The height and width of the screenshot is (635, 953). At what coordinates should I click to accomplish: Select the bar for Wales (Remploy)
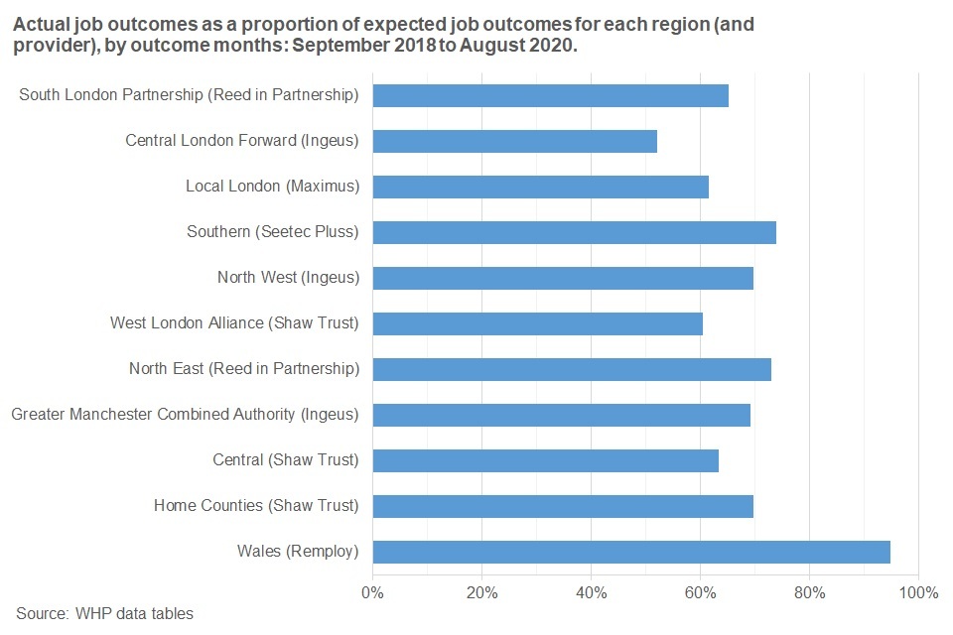pos(631,552)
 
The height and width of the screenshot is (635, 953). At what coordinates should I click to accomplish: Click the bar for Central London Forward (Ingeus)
pos(514,141)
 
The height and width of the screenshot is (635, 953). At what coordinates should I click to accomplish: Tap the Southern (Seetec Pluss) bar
pos(574,232)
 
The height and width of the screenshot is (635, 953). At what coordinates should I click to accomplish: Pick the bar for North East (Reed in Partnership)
pos(572,369)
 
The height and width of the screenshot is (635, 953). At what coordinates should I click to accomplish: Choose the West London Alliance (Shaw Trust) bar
pos(537,323)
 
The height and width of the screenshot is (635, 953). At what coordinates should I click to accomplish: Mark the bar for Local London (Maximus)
pos(540,187)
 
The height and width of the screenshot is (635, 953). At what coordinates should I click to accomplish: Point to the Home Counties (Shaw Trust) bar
pos(563,506)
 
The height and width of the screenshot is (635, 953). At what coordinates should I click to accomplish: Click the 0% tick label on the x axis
pos(373,593)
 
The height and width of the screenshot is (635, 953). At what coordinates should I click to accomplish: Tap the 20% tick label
pos(481,593)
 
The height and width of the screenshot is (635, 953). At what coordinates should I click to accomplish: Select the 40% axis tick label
pos(591,593)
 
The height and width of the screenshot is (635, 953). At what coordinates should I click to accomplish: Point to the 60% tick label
pos(700,593)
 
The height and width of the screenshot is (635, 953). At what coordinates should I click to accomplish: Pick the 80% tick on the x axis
pos(809,593)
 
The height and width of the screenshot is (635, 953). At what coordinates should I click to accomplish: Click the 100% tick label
pos(918,593)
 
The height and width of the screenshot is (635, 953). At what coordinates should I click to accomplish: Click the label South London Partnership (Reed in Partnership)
pos(189,95)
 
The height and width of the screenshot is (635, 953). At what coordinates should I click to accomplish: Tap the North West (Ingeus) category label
pos(288,278)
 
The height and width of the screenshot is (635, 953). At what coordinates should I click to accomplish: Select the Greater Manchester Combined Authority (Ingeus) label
pos(185,415)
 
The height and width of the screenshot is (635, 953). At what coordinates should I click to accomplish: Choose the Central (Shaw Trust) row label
pos(286,460)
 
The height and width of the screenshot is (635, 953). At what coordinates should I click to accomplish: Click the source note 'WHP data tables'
pos(134,613)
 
